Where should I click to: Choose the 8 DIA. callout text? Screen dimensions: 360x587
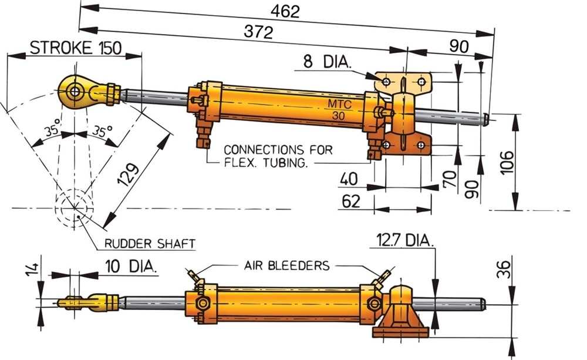[x=326, y=62]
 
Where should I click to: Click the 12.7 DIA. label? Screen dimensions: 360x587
[x=405, y=240]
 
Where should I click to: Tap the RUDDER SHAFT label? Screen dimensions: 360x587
[x=150, y=243]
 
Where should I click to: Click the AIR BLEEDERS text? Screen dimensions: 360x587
[x=287, y=265]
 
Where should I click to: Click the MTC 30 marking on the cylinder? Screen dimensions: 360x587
[x=340, y=110]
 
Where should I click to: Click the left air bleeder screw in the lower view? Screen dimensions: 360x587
[x=193, y=275]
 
